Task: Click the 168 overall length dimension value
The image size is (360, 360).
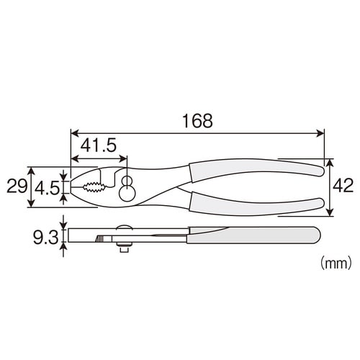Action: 197,121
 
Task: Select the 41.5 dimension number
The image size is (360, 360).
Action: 98,145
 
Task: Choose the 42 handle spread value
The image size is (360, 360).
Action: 343,186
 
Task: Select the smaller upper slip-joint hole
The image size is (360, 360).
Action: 127,179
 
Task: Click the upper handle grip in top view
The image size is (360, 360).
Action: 256,171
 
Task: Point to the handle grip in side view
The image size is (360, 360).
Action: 252,234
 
